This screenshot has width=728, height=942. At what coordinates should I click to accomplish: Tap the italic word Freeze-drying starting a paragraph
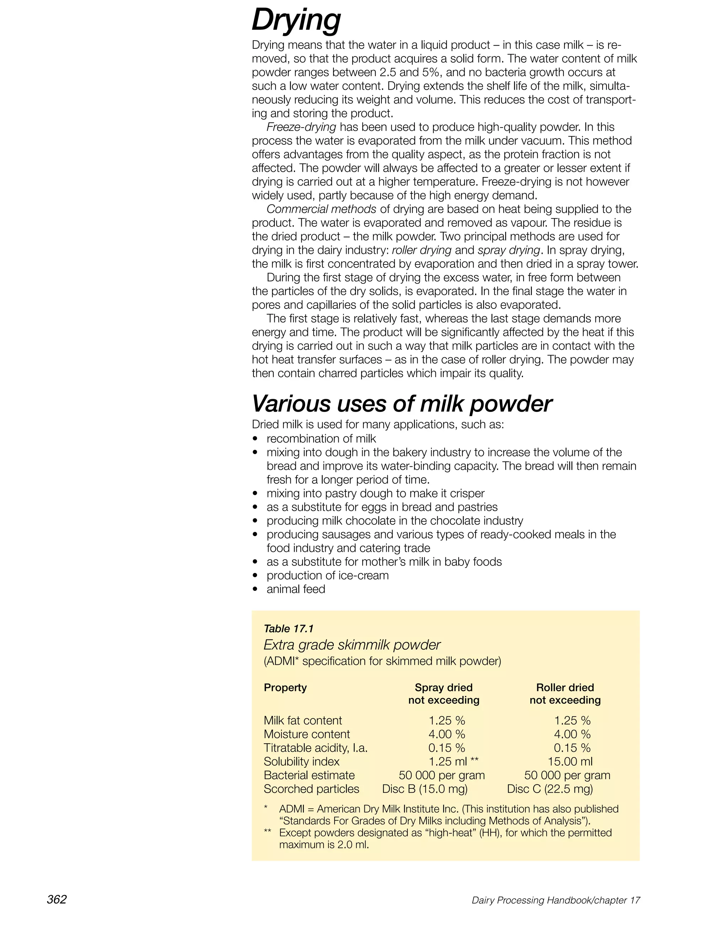pos(301,127)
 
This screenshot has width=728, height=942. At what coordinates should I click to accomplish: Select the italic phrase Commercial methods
pos(321,209)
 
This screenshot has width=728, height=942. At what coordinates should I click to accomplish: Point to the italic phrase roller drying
pos(421,250)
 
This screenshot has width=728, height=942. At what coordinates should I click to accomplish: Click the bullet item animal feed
pos(295,589)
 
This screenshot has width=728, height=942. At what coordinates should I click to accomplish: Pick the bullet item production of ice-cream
pos(327,576)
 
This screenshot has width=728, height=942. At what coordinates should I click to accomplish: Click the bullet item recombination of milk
pos(321,439)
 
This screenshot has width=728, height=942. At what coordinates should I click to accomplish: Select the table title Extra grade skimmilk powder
pos(352,645)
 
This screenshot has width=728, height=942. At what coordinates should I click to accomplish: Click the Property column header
pos(285,687)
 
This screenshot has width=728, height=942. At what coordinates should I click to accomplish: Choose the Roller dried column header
pos(565,687)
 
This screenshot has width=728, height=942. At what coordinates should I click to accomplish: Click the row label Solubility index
pos(301,762)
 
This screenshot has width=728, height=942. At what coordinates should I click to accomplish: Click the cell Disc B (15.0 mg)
pos(425,789)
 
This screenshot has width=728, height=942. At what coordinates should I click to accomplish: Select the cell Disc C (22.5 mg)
pos(550,789)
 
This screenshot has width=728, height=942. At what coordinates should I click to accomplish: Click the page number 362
pos(57,899)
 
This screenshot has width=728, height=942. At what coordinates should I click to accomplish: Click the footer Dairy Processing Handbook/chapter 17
pos(556,900)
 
